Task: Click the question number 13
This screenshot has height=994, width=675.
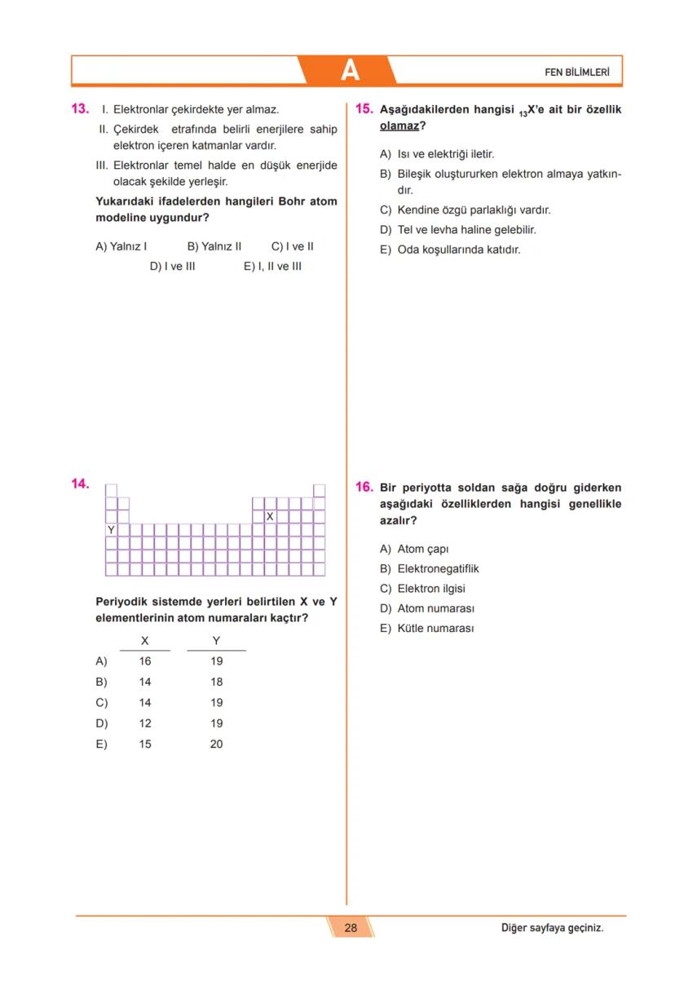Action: tap(80, 108)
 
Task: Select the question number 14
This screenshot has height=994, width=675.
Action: tap(80, 484)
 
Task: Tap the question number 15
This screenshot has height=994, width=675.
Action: tap(364, 108)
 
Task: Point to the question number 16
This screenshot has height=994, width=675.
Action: tap(364, 488)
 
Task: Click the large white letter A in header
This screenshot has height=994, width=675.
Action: tap(349, 71)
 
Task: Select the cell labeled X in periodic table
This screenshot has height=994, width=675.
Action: tap(270, 517)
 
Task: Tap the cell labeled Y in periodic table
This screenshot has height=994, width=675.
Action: tap(111, 530)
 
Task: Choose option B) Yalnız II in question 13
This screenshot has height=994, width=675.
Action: tap(214, 246)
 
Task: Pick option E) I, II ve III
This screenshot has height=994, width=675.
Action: tap(272, 266)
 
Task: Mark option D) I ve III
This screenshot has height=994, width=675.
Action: tap(172, 266)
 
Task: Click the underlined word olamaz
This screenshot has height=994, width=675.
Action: tap(399, 126)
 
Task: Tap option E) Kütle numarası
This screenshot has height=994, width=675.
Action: tap(426, 628)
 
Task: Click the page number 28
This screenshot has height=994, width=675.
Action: tap(351, 927)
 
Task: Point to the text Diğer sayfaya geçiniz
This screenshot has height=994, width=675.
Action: tap(552, 927)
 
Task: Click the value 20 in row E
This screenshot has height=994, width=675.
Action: tap(216, 744)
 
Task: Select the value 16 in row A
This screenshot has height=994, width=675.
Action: tap(144, 661)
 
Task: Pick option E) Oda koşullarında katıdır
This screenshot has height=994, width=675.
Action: tap(450, 250)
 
